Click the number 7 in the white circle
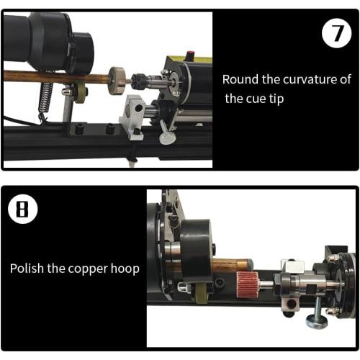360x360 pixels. [336, 34]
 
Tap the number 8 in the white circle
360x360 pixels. [22, 210]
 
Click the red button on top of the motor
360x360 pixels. [191, 54]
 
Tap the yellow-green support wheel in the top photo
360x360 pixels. [81, 92]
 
